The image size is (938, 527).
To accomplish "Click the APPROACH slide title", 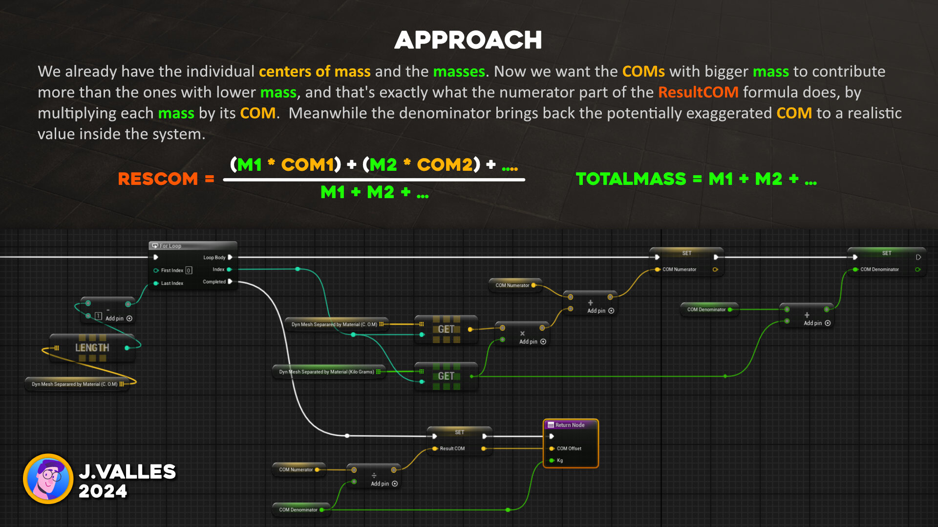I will coord(468,40).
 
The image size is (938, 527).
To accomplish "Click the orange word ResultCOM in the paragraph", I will coord(698,92).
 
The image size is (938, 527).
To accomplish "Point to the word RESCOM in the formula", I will coord(157,179).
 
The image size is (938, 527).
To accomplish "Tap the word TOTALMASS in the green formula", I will coord(631,179).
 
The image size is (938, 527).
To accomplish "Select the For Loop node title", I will coord(170,246).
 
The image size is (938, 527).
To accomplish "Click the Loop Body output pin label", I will coord(214,258).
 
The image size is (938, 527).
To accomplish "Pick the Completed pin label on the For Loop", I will coord(214,282).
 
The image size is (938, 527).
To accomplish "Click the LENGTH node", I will coord(92,348).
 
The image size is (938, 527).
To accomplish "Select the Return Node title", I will coord(570,425).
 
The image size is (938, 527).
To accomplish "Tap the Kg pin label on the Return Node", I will coord(560,461).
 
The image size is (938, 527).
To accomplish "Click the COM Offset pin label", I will coord(569,448).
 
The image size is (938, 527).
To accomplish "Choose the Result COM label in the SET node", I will coord(452,448).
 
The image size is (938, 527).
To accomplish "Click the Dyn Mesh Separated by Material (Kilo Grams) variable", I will coord(326,372).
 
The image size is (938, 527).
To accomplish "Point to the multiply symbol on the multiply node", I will coord(522,334).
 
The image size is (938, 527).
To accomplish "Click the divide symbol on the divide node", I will coord(374,475).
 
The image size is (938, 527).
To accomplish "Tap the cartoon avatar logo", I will coord(48,479).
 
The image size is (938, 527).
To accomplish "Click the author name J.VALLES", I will coord(127,471).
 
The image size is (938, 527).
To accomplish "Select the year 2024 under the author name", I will coord(103,491).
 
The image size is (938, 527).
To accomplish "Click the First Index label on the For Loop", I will coord(172,270).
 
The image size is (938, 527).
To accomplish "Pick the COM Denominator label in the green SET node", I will coord(879,269).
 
